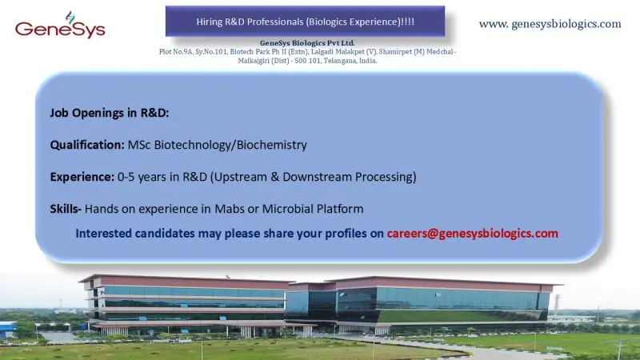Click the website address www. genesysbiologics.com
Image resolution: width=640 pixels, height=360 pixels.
(550, 24)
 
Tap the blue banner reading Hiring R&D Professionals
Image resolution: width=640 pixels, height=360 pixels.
(306, 20)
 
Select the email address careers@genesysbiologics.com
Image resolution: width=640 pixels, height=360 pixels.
(472, 234)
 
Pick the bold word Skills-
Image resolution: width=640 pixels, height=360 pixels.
(66, 209)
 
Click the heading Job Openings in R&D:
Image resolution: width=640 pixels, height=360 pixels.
(109, 113)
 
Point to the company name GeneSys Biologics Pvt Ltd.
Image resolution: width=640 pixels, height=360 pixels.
(307, 42)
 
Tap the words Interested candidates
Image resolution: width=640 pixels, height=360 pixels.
(134, 234)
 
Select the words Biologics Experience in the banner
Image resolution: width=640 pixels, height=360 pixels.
(359, 20)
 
